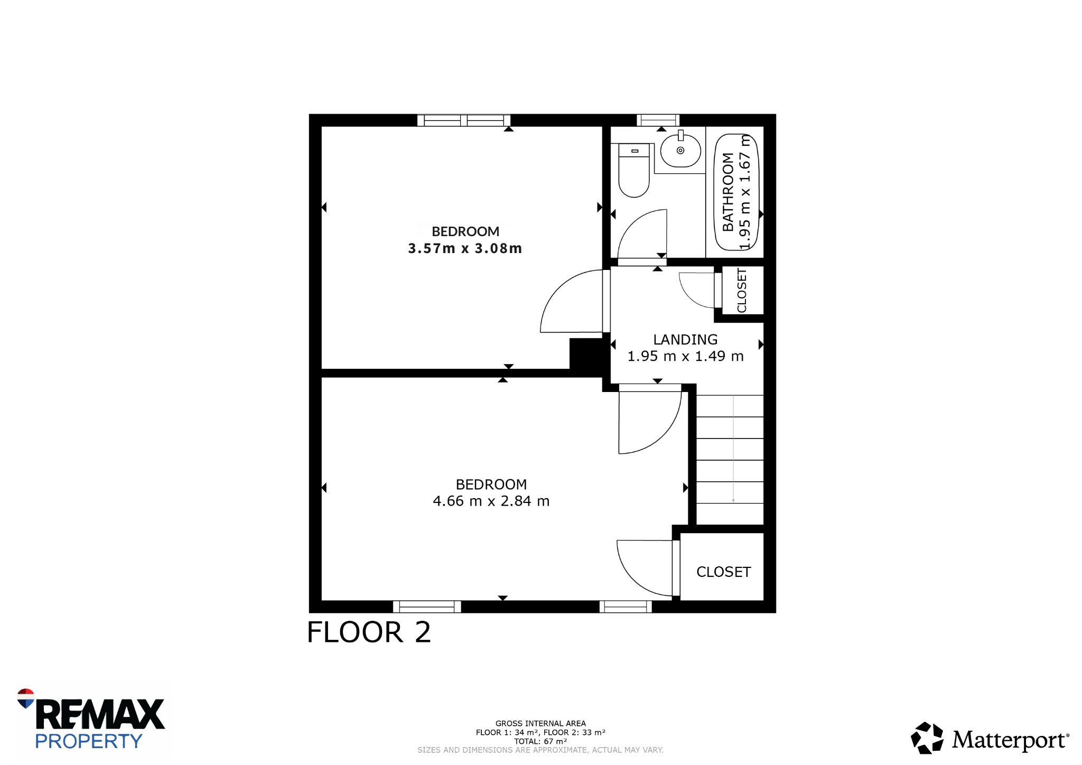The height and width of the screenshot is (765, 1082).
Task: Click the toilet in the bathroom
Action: click(x=633, y=170)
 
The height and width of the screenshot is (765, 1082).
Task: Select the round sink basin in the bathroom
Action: click(x=680, y=151)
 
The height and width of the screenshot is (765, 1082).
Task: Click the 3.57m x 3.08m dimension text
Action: click(x=465, y=248)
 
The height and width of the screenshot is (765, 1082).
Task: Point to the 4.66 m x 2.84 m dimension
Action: click(x=491, y=501)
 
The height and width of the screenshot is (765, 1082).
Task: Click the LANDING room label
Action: click(x=685, y=340)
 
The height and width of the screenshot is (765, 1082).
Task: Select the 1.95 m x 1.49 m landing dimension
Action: click(x=685, y=356)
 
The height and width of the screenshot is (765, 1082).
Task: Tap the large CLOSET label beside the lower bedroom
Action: click(x=723, y=572)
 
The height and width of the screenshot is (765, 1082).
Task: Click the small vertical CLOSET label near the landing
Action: click(x=742, y=291)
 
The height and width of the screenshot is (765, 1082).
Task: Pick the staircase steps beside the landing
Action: click(x=730, y=460)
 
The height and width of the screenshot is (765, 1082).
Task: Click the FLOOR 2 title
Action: click(x=369, y=632)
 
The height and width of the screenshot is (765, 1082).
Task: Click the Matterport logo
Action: click(x=990, y=738)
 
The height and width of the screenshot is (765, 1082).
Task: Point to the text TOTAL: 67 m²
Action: click(x=540, y=741)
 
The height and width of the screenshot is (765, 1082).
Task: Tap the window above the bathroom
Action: click(x=658, y=120)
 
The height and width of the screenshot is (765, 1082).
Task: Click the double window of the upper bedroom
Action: click(x=464, y=120)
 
